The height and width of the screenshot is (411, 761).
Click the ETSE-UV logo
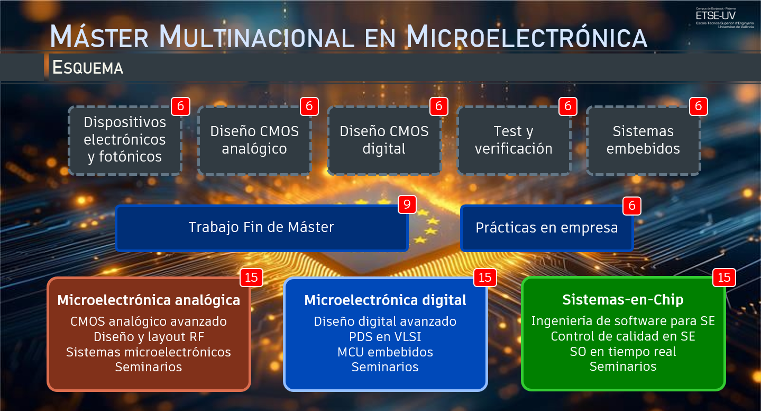(x=725, y=17)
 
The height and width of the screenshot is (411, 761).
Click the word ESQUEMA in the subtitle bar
(x=88, y=67)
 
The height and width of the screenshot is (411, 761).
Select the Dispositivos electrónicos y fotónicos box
(x=125, y=140)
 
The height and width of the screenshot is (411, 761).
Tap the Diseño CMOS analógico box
(x=254, y=140)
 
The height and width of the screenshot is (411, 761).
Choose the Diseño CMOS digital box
(x=384, y=140)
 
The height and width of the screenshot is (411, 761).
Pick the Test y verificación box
(x=514, y=140)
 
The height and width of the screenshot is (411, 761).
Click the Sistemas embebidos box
(x=643, y=140)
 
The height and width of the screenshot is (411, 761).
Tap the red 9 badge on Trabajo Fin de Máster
(x=407, y=204)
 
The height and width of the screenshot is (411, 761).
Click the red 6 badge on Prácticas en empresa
(x=632, y=206)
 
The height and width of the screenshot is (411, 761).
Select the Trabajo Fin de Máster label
(x=261, y=227)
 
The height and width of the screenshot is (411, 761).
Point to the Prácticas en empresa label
(x=547, y=228)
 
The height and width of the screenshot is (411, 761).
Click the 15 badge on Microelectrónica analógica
(x=251, y=278)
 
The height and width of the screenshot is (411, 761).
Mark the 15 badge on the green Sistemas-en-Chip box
(x=724, y=278)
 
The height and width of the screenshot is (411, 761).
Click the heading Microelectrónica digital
(x=385, y=300)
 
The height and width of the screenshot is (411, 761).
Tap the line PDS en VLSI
(x=385, y=336)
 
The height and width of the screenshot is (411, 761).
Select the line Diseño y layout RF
(x=149, y=337)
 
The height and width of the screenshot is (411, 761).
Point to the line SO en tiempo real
(x=623, y=352)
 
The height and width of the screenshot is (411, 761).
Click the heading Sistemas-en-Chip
(x=623, y=299)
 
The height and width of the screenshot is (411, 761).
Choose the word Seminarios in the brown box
(x=149, y=367)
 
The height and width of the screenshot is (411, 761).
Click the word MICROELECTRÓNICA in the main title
(x=527, y=37)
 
